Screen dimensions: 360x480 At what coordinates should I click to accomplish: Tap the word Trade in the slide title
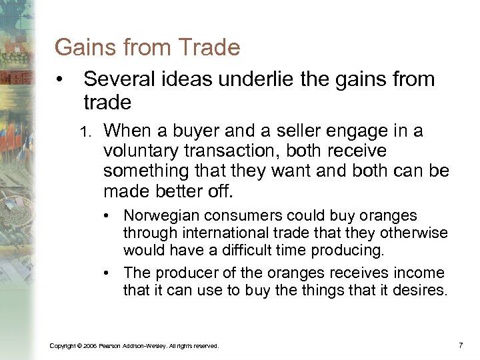[210, 47]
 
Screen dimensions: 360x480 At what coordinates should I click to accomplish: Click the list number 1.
[85, 132]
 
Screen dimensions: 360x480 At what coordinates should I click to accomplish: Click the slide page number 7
[460, 345]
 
